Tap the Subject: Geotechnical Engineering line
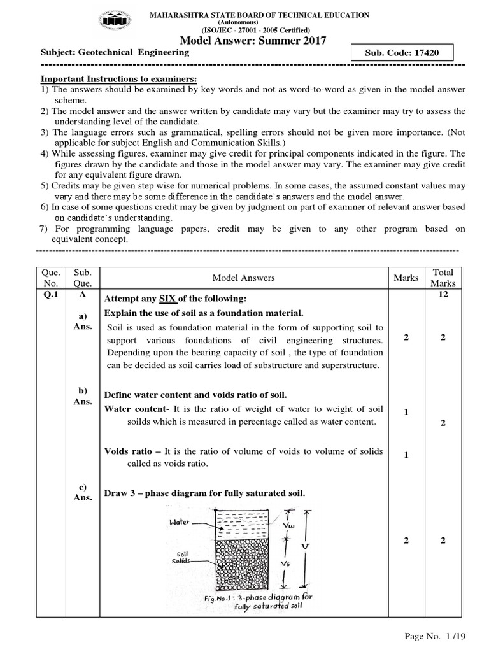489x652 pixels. pos(115,53)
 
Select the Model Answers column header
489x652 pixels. pos(243,278)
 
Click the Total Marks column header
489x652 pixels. pos(443,278)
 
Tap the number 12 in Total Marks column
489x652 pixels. pos(443,297)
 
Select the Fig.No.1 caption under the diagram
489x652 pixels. pos(259,602)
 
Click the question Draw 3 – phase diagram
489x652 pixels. pos(204,493)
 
